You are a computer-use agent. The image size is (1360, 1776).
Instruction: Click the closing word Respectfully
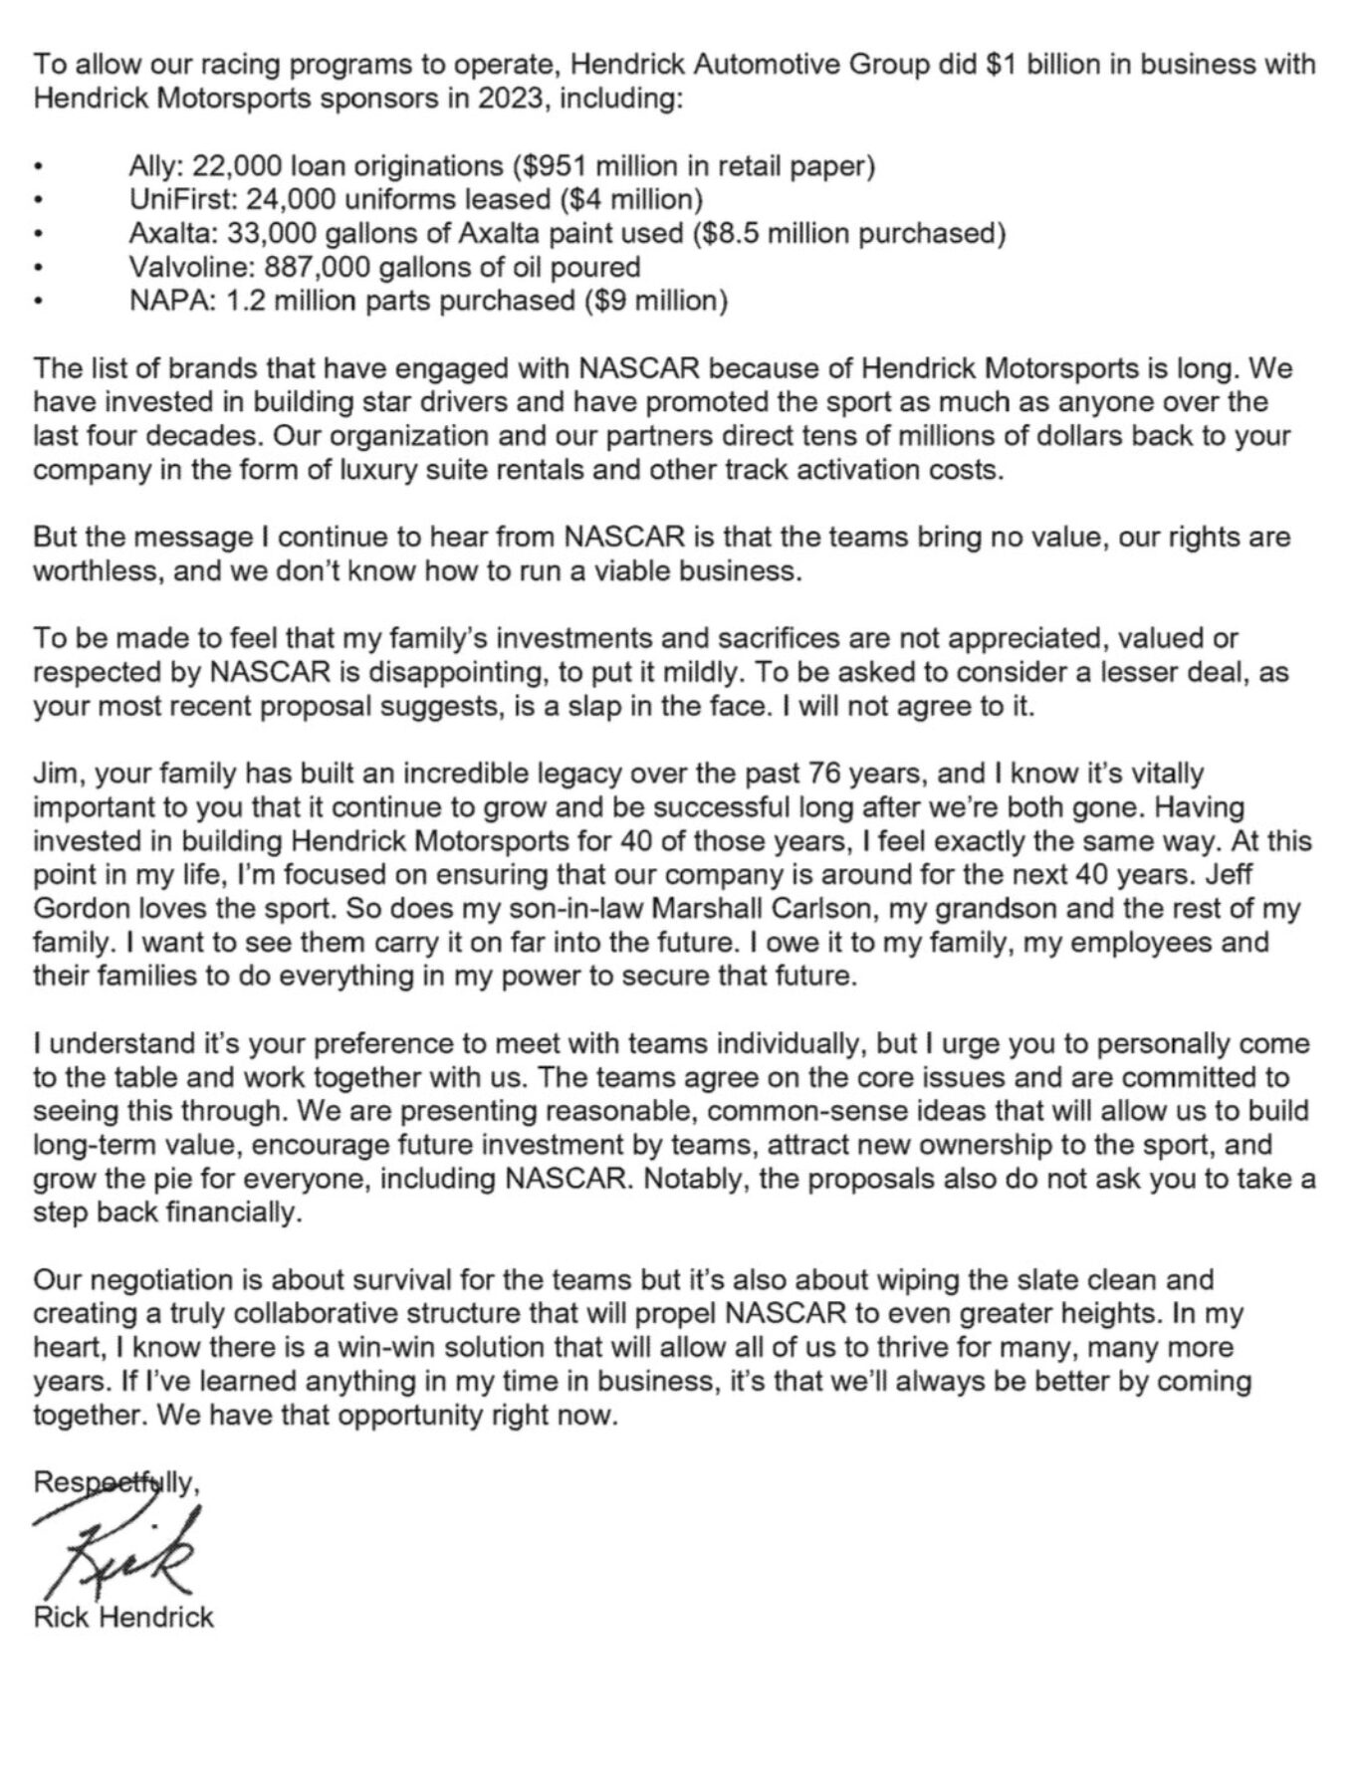pyautogui.click(x=115, y=1482)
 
